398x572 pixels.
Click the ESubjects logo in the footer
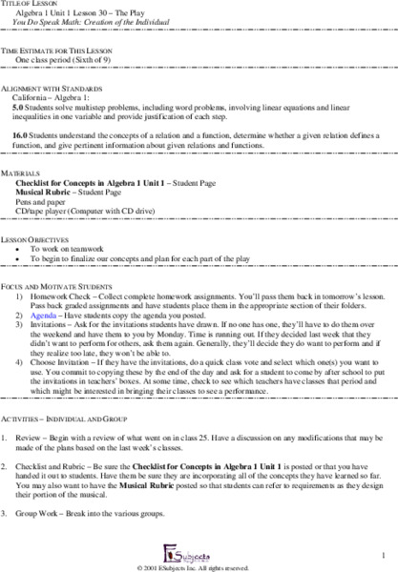tap(197, 551)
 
